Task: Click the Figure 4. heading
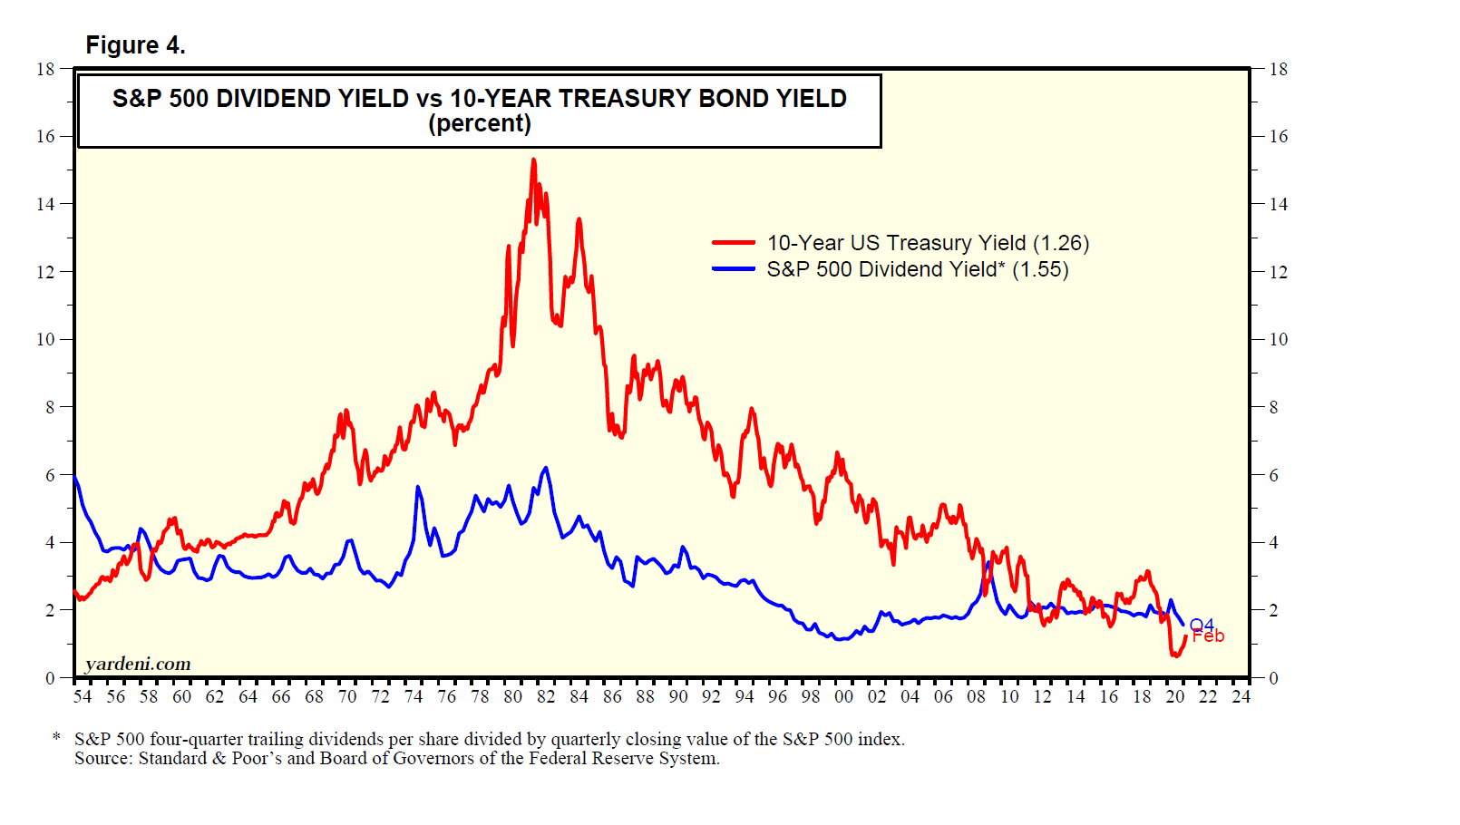point(135,45)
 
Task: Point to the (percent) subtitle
point(479,124)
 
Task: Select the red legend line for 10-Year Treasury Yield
point(734,243)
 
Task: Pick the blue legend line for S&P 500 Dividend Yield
point(734,269)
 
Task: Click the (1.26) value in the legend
point(1061,243)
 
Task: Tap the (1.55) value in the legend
point(1040,269)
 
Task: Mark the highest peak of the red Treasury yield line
point(533,160)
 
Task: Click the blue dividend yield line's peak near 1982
point(545,468)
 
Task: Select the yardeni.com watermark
point(138,664)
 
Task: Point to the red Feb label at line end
point(1209,636)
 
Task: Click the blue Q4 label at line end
point(1202,625)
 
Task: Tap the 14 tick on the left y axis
point(45,204)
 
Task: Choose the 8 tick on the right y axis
point(1273,407)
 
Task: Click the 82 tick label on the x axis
point(546,696)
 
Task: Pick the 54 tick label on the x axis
point(83,696)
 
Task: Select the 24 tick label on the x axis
point(1241,696)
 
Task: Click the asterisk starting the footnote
point(57,737)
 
